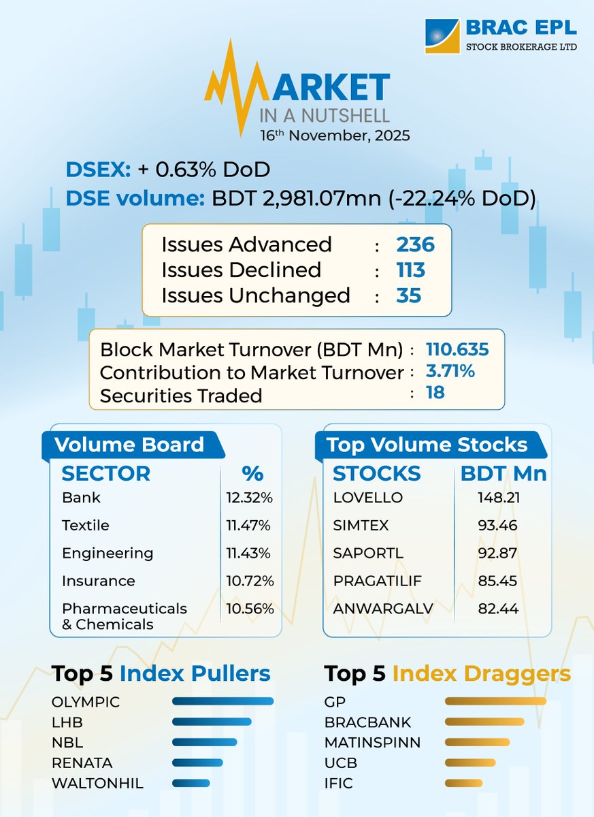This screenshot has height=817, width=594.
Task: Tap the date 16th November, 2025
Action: tap(335, 135)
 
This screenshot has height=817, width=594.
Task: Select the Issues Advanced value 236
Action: tap(415, 244)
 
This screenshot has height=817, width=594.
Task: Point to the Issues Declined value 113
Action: tap(410, 270)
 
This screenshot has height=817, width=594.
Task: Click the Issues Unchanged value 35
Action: tap(409, 295)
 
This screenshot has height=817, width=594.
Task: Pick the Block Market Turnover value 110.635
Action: tap(457, 350)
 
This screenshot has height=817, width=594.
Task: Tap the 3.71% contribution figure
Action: tap(450, 372)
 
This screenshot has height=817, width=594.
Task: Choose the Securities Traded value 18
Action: tap(435, 393)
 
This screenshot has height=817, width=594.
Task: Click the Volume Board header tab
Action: tap(129, 445)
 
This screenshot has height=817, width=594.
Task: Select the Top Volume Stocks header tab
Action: tap(427, 445)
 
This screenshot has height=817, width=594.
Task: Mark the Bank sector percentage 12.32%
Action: tap(249, 498)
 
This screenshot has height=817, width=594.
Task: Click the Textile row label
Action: tap(85, 526)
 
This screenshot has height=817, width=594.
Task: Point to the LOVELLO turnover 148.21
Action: tap(498, 498)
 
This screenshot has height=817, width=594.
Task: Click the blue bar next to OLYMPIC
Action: tap(222, 701)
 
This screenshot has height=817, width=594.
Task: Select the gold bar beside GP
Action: tap(495, 701)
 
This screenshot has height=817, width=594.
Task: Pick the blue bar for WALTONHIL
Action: tap(193, 783)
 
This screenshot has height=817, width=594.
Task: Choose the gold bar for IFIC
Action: tap(463, 783)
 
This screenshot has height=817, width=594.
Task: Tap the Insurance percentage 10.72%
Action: tap(249, 581)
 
